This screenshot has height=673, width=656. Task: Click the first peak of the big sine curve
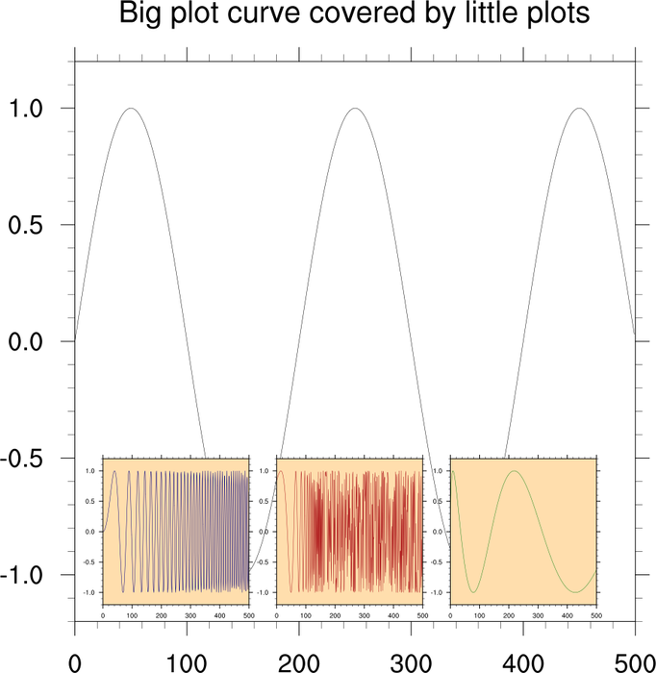pos(131,109)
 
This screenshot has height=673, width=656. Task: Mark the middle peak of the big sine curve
pos(355,109)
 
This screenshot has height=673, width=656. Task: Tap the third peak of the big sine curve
pos(579,109)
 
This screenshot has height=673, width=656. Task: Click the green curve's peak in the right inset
pos(517,471)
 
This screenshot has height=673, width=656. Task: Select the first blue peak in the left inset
pos(114,471)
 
